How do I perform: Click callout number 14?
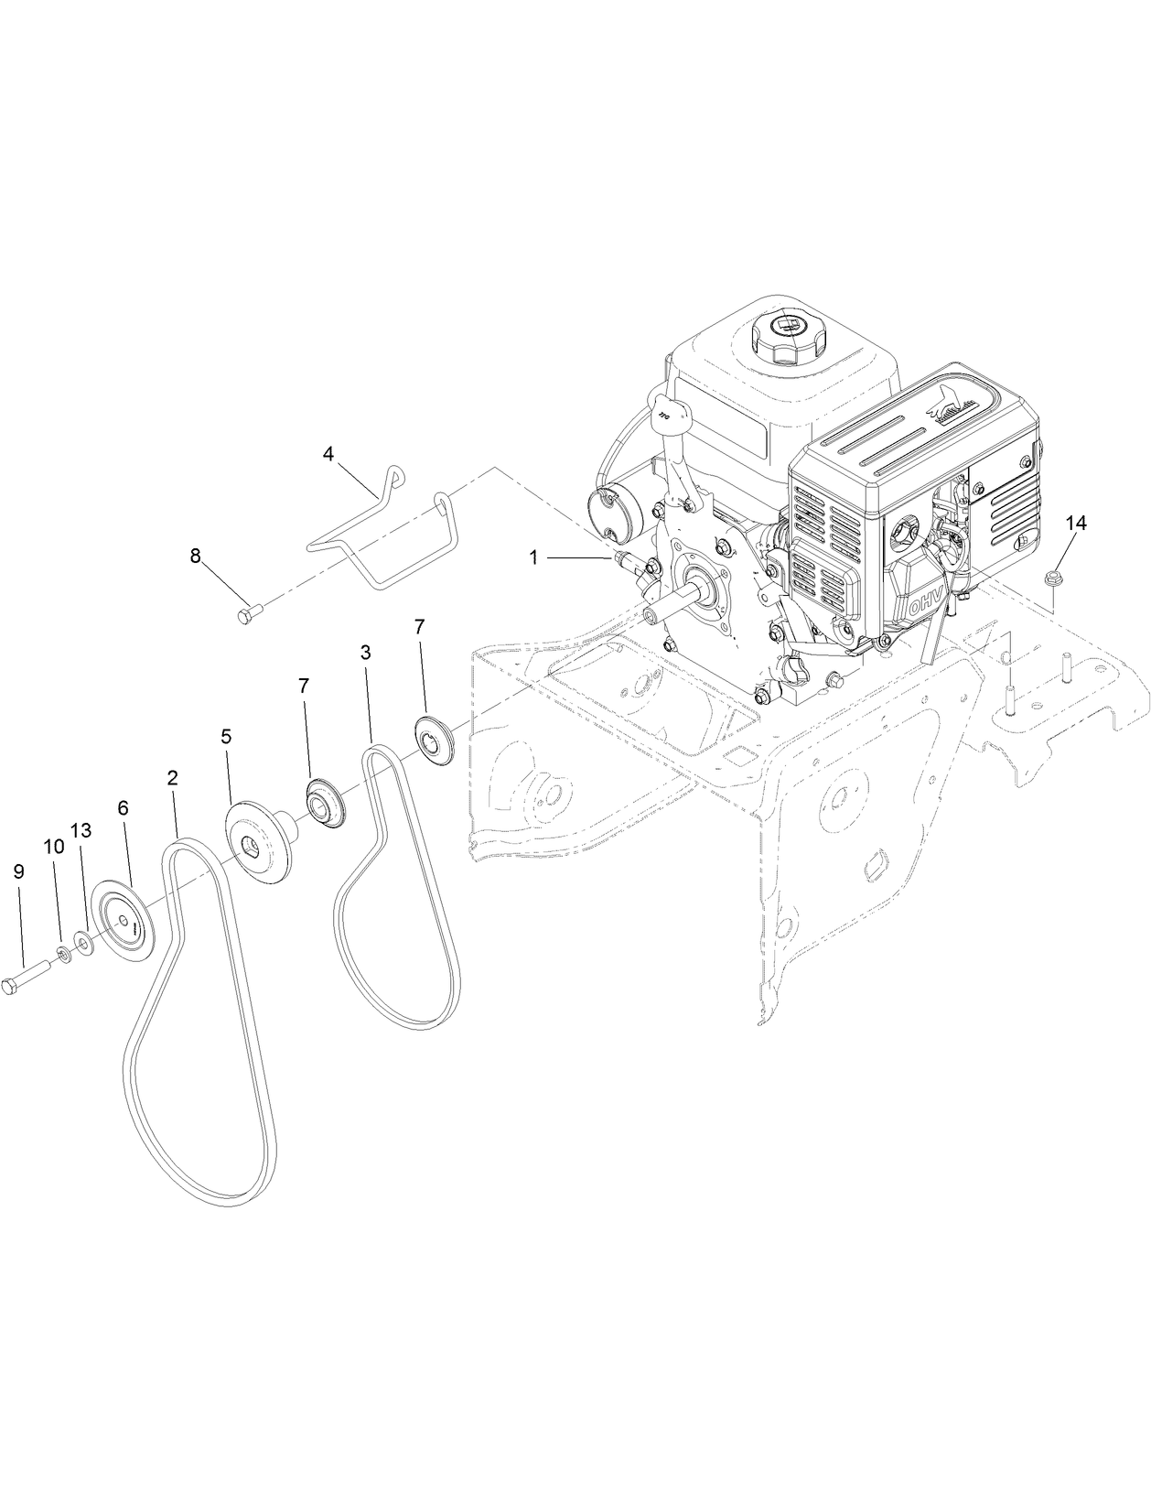click(x=1076, y=523)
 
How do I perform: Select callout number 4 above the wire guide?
click(x=328, y=453)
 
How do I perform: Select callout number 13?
click(x=81, y=830)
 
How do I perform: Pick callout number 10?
click(x=54, y=847)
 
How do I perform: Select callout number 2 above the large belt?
click(x=172, y=778)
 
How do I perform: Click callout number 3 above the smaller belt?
click(x=365, y=654)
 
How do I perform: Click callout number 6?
click(x=123, y=808)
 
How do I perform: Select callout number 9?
click(x=18, y=873)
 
